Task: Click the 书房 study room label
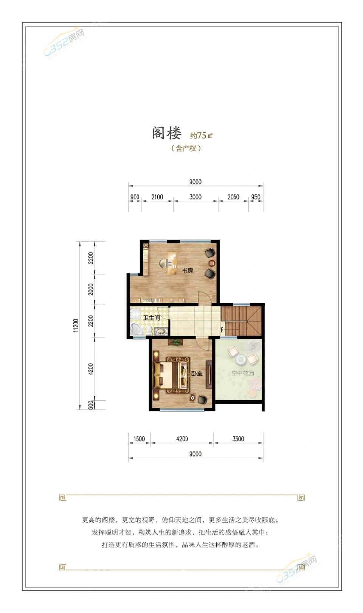188,271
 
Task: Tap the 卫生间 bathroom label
152,318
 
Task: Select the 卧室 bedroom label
197,373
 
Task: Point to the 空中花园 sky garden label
243,373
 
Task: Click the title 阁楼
167,133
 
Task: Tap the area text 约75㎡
201,135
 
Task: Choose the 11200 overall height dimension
76,325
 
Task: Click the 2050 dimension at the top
233,197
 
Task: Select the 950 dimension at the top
256,197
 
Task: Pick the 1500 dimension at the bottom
139,439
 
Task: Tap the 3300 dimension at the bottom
238,439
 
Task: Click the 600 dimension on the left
90,405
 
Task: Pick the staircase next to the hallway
241,321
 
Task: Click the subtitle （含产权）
186,148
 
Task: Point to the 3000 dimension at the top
195,197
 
